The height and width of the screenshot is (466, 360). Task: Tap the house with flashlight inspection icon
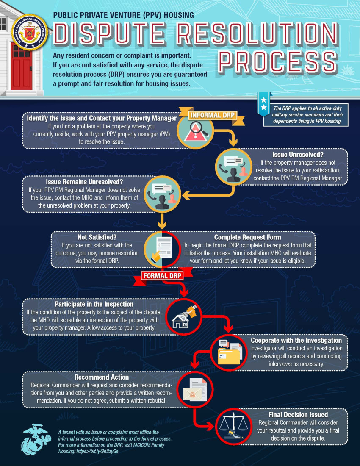[x=184, y=317]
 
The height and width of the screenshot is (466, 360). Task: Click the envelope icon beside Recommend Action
[x=195, y=389]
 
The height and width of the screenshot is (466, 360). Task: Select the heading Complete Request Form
[x=247, y=237]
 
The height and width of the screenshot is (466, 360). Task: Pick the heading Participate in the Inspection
[x=94, y=304]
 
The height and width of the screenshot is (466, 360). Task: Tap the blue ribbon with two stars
[x=263, y=103]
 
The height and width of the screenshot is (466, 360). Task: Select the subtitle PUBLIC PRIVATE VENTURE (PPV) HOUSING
[x=124, y=15]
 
